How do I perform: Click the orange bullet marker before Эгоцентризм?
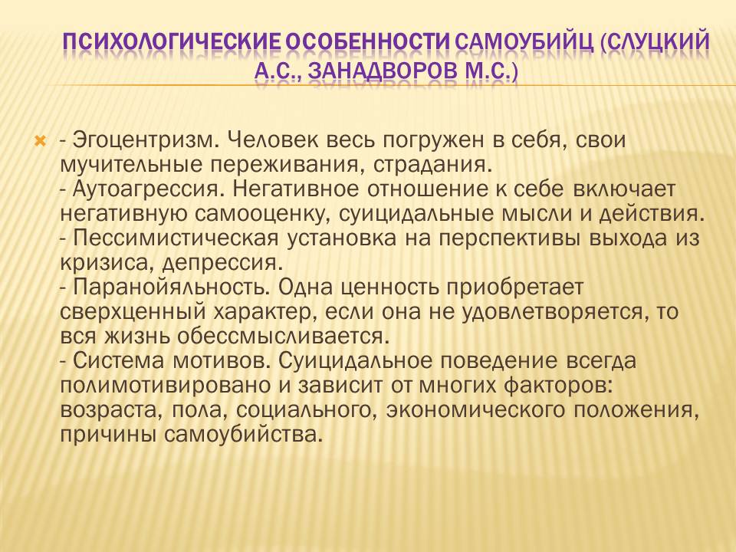pos(41,140)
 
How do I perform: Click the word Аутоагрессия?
pos(148,189)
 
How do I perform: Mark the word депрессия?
pos(222,263)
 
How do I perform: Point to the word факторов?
pos(558,386)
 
